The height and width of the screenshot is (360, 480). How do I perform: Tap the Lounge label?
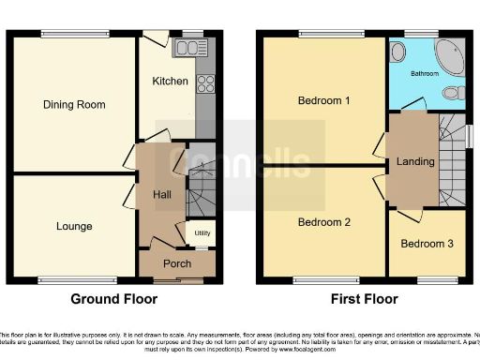pos(74,226)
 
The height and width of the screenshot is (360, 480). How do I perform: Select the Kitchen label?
pos(171,82)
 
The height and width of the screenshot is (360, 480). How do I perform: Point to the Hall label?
pos(161,194)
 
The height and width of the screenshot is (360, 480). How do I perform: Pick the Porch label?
pos(177,263)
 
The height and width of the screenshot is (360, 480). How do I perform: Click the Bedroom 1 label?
pos(323,100)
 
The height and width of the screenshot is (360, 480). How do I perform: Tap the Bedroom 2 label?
pos(323,222)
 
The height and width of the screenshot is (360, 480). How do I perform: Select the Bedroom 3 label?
pos(427,244)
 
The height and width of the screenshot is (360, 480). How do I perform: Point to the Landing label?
pos(415,161)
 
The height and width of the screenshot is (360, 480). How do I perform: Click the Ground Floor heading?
pos(114,300)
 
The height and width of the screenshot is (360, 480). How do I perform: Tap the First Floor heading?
pos(365,300)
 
